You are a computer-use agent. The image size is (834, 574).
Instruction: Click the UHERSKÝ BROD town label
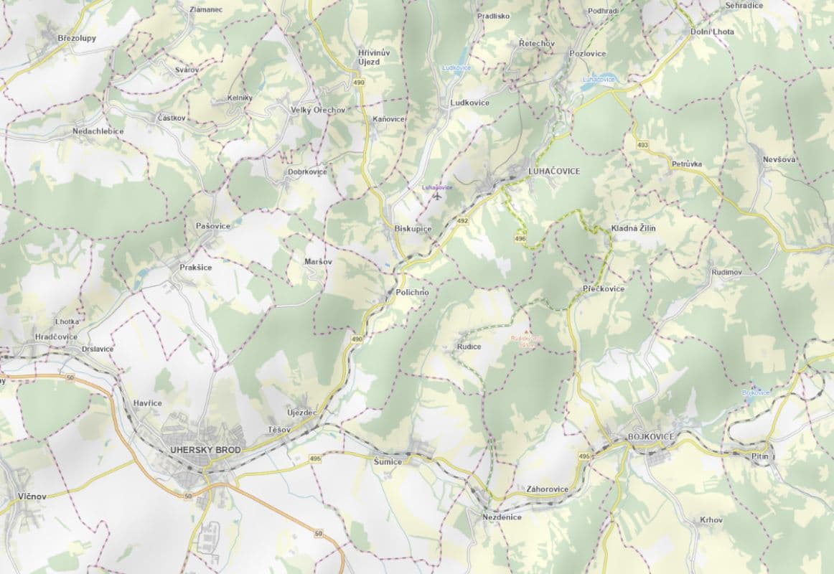point(205,450)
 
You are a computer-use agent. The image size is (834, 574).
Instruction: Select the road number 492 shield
point(464,221)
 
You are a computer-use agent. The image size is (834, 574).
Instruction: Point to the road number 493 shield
point(642,146)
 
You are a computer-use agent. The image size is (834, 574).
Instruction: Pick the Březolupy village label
point(77,38)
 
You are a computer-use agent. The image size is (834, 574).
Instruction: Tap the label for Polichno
point(412,293)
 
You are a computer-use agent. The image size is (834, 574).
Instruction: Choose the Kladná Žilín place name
point(633,228)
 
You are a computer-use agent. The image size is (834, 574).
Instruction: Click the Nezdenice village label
point(502,517)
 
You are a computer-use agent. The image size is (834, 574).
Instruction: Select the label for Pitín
point(759,456)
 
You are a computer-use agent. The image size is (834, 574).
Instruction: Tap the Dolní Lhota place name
point(712,32)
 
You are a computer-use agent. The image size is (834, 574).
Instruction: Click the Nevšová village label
point(779,159)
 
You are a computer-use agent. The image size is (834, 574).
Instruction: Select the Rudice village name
point(469,347)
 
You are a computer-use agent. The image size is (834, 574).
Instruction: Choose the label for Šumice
point(388,461)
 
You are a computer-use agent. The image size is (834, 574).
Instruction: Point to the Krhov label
point(711,519)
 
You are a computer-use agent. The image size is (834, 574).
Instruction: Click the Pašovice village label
point(213,226)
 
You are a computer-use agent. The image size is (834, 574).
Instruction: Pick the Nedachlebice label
point(98,131)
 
